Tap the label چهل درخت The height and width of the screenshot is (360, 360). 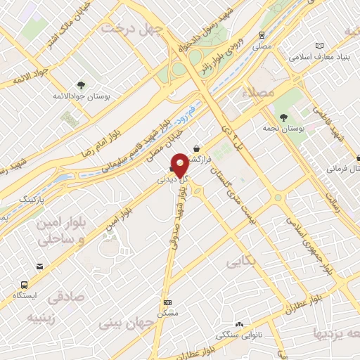[x=132, y=28]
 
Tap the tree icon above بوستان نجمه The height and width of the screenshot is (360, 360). [x=283, y=117]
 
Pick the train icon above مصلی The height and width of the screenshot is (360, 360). [x=262, y=33]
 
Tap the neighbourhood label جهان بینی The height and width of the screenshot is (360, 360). [x=120, y=324]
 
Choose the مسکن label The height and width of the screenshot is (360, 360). [x=167, y=311]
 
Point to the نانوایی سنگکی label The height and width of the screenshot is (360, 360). [x=240, y=335]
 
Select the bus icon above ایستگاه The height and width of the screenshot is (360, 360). [x=25, y=285]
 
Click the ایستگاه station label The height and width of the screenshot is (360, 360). [x=25, y=296]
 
